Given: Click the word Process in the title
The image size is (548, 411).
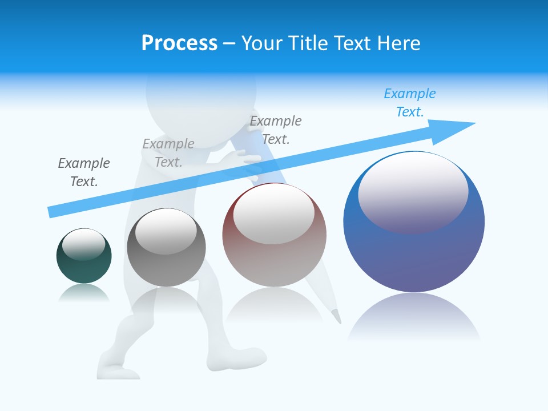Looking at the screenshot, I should point(179,43).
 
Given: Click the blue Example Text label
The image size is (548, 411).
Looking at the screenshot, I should point(410,103).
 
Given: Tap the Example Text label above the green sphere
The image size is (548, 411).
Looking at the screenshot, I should point(84,172).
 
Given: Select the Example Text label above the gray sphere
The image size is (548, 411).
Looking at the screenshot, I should point(168,153).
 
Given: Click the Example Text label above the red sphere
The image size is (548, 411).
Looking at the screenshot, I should point(276,130).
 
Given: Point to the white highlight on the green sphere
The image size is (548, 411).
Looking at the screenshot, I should point(83,244).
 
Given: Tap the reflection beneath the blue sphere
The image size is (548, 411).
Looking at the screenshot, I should point(414,317).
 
